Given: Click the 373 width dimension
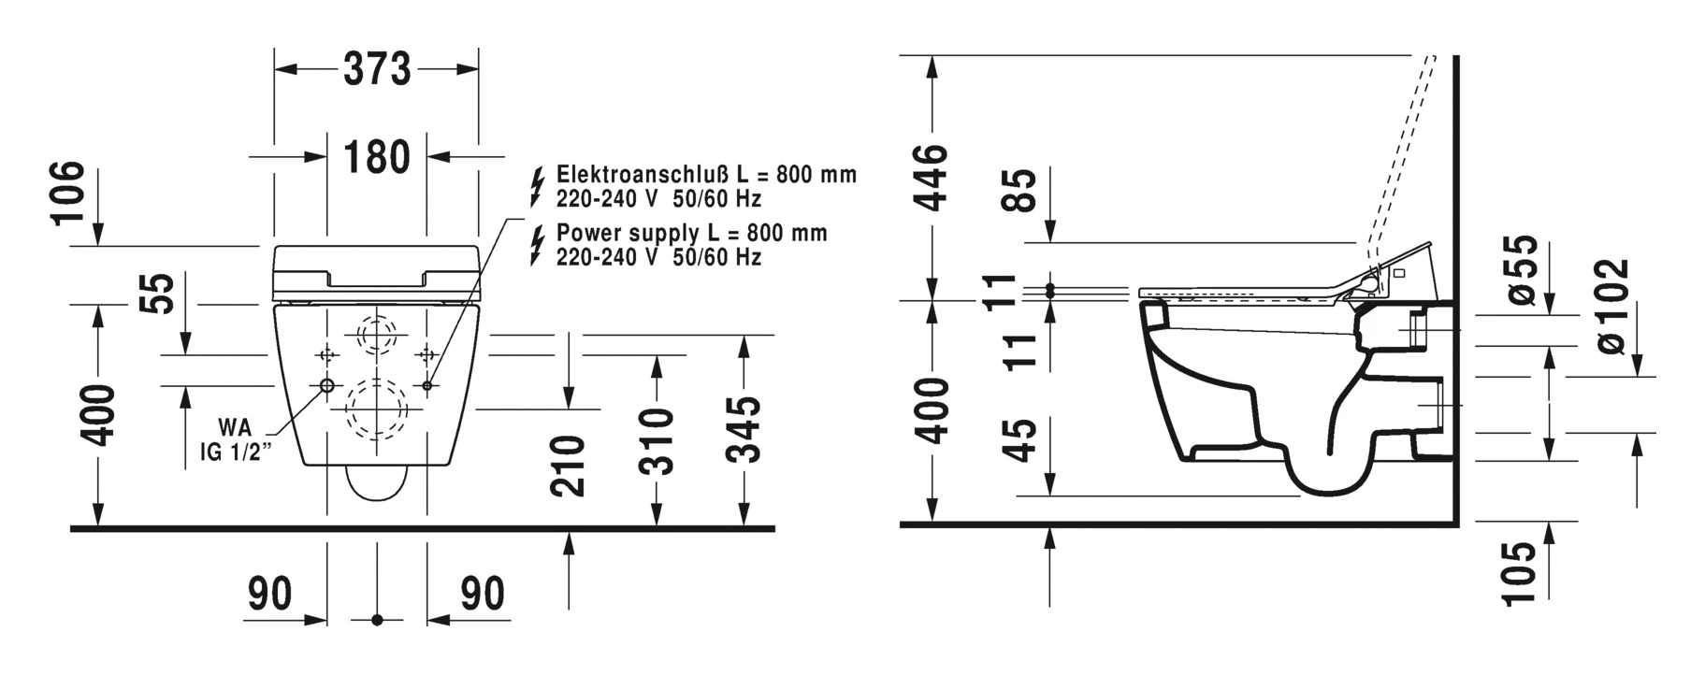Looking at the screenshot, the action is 377,69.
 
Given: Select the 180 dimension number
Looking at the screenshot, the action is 377,157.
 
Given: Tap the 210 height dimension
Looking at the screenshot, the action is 569,466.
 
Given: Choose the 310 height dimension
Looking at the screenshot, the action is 658,441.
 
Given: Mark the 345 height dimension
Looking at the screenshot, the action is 744,428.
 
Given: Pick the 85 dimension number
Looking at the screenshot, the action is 1025,191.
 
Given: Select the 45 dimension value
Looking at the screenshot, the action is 1025,439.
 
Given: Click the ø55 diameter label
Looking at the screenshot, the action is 1522,270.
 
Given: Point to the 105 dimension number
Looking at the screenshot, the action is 1522,574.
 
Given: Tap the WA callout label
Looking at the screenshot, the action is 235,428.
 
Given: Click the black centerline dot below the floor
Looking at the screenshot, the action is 377,620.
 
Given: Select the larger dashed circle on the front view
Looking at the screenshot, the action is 377,409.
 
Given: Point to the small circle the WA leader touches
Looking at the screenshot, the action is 326,386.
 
